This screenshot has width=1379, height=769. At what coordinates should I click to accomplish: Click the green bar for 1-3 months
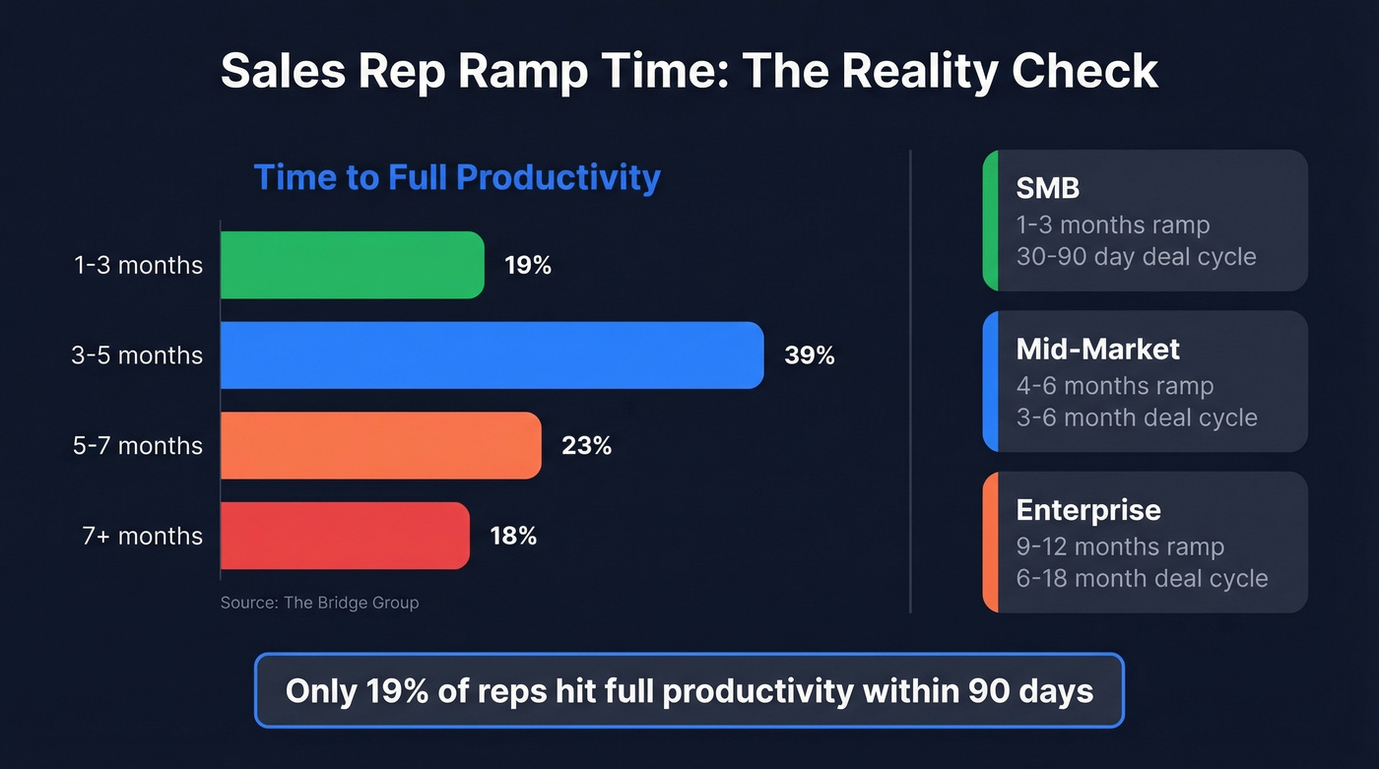[352, 265]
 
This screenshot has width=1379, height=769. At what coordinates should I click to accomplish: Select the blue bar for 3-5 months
[492, 355]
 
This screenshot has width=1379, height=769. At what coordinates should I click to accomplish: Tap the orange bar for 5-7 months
[380, 446]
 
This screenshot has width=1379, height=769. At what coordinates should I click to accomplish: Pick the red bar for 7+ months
[345, 536]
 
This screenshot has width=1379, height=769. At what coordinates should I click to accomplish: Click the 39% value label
[809, 355]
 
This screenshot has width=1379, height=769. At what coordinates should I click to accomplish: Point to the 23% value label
[586, 446]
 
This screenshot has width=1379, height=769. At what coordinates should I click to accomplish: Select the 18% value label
[513, 536]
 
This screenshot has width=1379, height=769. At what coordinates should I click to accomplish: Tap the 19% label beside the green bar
[528, 265]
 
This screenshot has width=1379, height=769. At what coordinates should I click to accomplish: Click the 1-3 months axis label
[138, 265]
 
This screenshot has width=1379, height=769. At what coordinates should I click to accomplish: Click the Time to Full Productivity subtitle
[457, 177]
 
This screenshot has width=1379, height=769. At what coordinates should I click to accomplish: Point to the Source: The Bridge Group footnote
[319, 603]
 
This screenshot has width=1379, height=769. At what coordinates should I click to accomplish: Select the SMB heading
[1047, 187]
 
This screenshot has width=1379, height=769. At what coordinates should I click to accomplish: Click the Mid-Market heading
[1097, 349]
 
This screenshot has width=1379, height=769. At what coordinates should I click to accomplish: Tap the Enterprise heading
[1087, 510]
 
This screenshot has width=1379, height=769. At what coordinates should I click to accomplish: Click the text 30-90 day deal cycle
[1136, 257]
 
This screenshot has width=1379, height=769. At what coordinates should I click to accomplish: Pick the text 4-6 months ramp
[1114, 386]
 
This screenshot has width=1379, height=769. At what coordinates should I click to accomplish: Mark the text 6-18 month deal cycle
[1142, 578]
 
